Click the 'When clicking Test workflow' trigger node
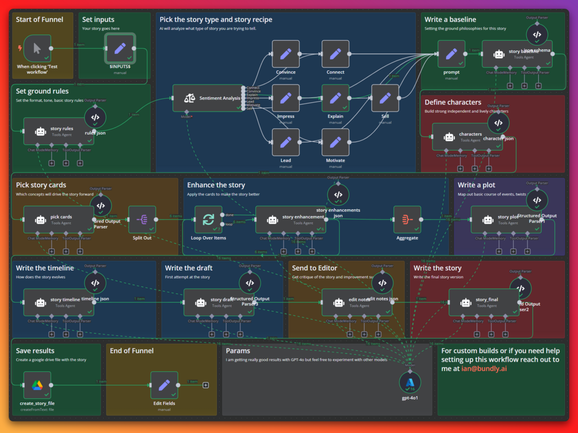click(x=37, y=49)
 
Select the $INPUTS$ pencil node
click(x=120, y=49)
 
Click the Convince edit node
click(x=286, y=54)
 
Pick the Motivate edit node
click(x=335, y=142)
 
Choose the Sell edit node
click(x=385, y=98)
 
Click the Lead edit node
click(x=286, y=142)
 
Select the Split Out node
click(x=142, y=220)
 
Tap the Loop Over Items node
click(x=208, y=220)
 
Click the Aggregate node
click(x=407, y=220)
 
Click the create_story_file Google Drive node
click(x=37, y=385)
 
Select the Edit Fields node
click(x=164, y=385)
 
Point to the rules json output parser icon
click(x=95, y=118)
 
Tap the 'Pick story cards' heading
click(x=41, y=185)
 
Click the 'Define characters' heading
click(x=453, y=102)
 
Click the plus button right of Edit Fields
click(x=205, y=385)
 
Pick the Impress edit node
click(x=286, y=98)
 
